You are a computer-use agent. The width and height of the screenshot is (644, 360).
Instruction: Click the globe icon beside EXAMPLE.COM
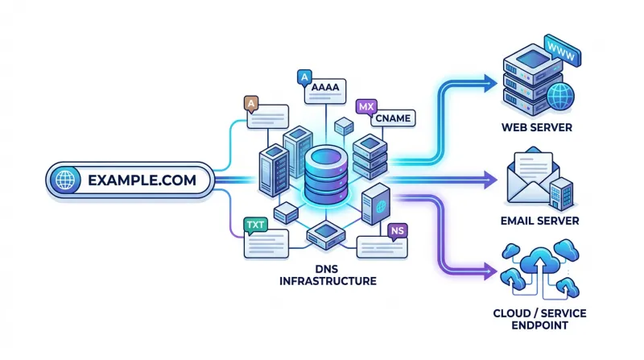coord(65,180)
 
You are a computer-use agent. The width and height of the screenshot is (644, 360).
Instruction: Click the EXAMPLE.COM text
coord(142,180)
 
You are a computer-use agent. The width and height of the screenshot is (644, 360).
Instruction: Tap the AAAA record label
coord(325,87)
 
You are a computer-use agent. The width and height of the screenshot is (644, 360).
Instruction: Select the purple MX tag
coord(366,107)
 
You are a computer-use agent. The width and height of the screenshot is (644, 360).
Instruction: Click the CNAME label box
coord(393,118)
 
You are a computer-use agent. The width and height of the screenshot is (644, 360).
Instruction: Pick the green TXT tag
coord(255,226)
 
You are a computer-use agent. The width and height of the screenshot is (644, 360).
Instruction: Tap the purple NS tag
coord(397,231)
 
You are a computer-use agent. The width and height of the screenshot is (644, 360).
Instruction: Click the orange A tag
coord(251,104)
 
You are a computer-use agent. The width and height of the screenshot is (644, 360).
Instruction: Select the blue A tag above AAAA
coord(304,77)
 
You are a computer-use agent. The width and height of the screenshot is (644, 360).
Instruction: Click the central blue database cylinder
coord(327,176)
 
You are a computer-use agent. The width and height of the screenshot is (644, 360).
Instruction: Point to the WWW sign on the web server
coord(562,51)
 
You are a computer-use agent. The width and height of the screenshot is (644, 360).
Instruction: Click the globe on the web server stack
coord(560,97)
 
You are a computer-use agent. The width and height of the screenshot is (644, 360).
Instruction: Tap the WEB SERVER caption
coord(537,127)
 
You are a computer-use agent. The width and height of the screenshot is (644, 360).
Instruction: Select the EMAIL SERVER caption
coord(539,221)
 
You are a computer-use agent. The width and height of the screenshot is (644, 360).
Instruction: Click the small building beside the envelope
coord(561,194)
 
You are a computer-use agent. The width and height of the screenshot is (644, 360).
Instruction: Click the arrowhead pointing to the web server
coord(491,84)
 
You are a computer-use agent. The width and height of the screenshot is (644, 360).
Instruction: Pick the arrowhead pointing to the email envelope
coord(491,180)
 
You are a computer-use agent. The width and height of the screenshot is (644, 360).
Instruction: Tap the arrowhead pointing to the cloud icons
coord(491,271)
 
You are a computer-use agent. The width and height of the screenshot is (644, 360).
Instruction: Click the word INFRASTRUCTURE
coord(328,281)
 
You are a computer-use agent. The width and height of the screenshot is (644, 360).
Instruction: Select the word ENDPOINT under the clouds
coord(539,325)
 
